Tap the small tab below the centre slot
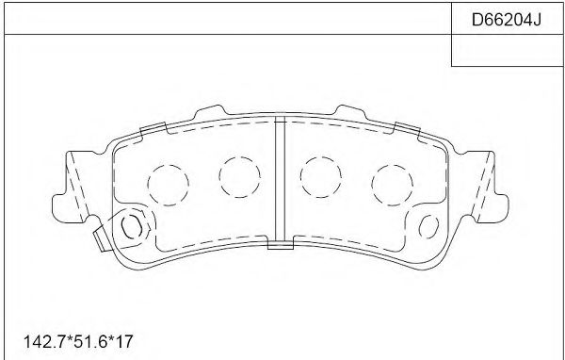click(x=280, y=246)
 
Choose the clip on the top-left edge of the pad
click(x=153, y=128)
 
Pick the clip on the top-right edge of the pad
click(x=407, y=128)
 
